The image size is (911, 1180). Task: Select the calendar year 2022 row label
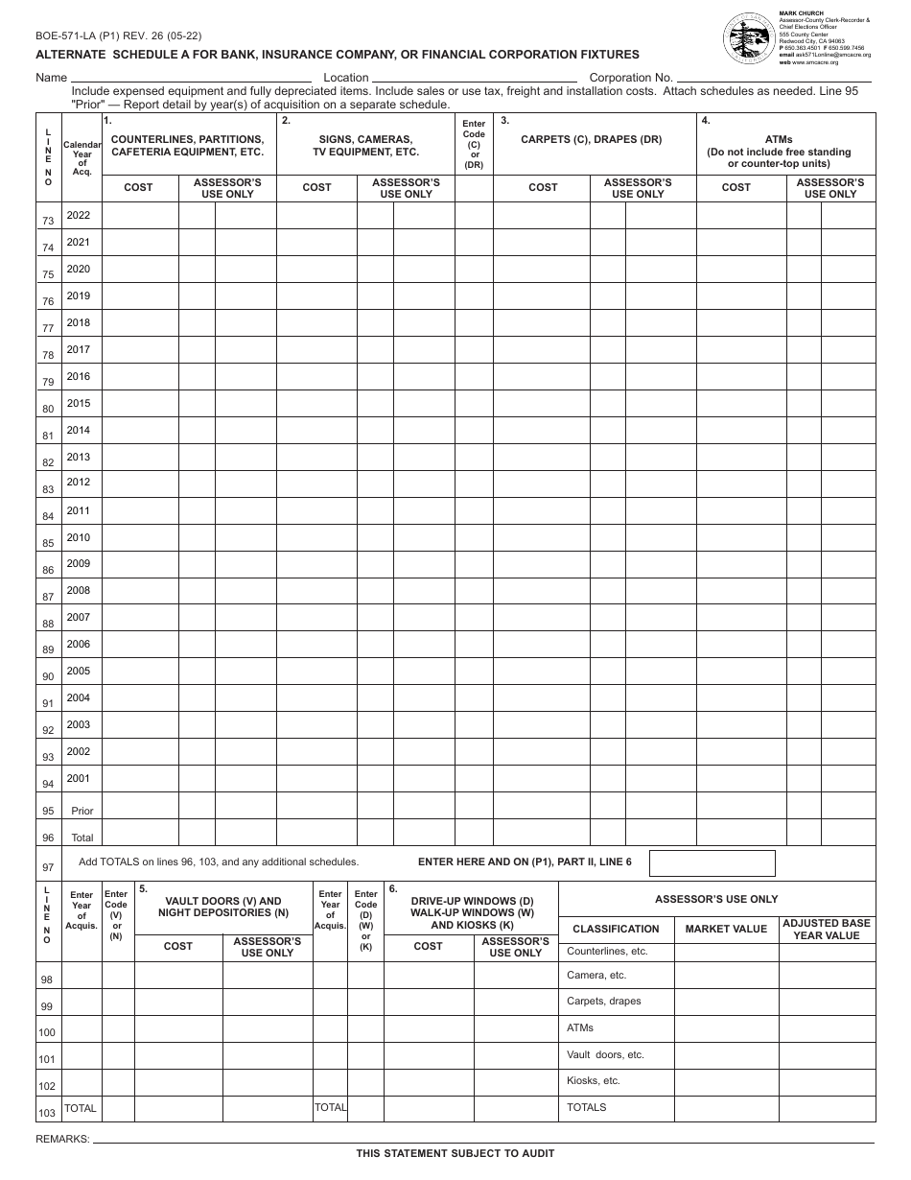79,216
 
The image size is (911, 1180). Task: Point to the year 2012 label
79,483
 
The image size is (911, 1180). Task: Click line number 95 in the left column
48,812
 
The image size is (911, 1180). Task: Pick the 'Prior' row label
82,811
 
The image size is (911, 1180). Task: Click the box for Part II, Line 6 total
712,862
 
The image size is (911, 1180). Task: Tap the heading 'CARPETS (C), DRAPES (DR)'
591,140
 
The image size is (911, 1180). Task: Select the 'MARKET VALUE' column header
726,929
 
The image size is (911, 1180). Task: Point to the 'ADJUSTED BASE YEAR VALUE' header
827,929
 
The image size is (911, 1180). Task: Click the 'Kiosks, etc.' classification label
594,1080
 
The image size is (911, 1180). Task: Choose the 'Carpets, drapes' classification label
604,1001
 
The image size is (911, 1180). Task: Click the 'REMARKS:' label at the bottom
62,1139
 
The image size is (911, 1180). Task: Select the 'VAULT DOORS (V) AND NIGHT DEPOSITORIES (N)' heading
223,907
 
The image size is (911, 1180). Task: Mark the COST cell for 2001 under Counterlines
139,779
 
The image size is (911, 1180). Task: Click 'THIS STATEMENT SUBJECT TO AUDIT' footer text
455,1153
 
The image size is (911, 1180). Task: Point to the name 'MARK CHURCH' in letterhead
796,13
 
